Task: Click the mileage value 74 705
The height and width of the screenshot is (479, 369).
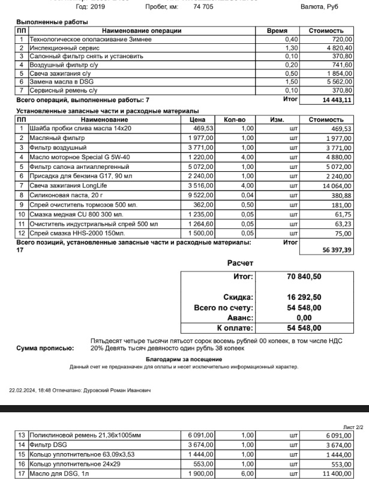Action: [203, 7]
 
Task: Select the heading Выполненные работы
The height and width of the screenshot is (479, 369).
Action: [52, 22]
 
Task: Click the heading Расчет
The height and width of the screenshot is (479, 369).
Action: [240, 263]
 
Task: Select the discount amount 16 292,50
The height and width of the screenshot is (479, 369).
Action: [304, 297]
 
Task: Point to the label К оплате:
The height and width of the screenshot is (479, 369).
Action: [235, 328]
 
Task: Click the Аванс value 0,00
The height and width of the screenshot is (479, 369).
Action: [304, 317]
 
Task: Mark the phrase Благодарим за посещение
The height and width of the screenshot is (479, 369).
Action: [184, 359]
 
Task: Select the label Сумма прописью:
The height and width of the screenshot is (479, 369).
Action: [45, 348]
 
